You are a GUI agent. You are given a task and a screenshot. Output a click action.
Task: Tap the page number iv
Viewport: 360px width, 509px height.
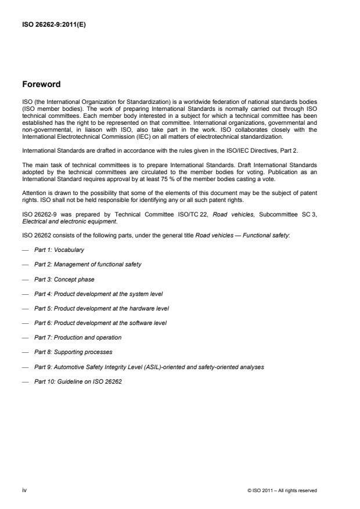point(24,490)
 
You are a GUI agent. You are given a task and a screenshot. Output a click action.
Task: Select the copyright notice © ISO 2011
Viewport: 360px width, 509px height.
point(282,491)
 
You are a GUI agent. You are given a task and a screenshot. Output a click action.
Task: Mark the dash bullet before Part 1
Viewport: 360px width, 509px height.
point(24,250)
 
